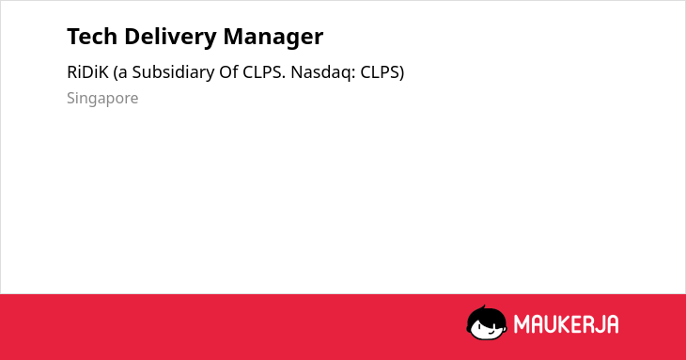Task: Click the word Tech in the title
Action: click(x=92, y=37)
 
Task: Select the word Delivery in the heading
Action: click(x=170, y=38)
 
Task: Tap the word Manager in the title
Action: click(x=273, y=38)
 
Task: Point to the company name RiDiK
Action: click(x=87, y=72)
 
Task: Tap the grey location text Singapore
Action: click(x=102, y=99)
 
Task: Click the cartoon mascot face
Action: click(x=487, y=322)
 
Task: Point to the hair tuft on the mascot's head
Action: click(x=484, y=308)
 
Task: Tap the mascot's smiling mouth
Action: click(x=491, y=332)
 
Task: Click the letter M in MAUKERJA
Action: click(x=522, y=324)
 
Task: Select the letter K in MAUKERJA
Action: click(x=564, y=324)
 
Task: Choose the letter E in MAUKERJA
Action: click(x=575, y=324)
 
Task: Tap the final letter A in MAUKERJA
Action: click(x=612, y=324)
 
